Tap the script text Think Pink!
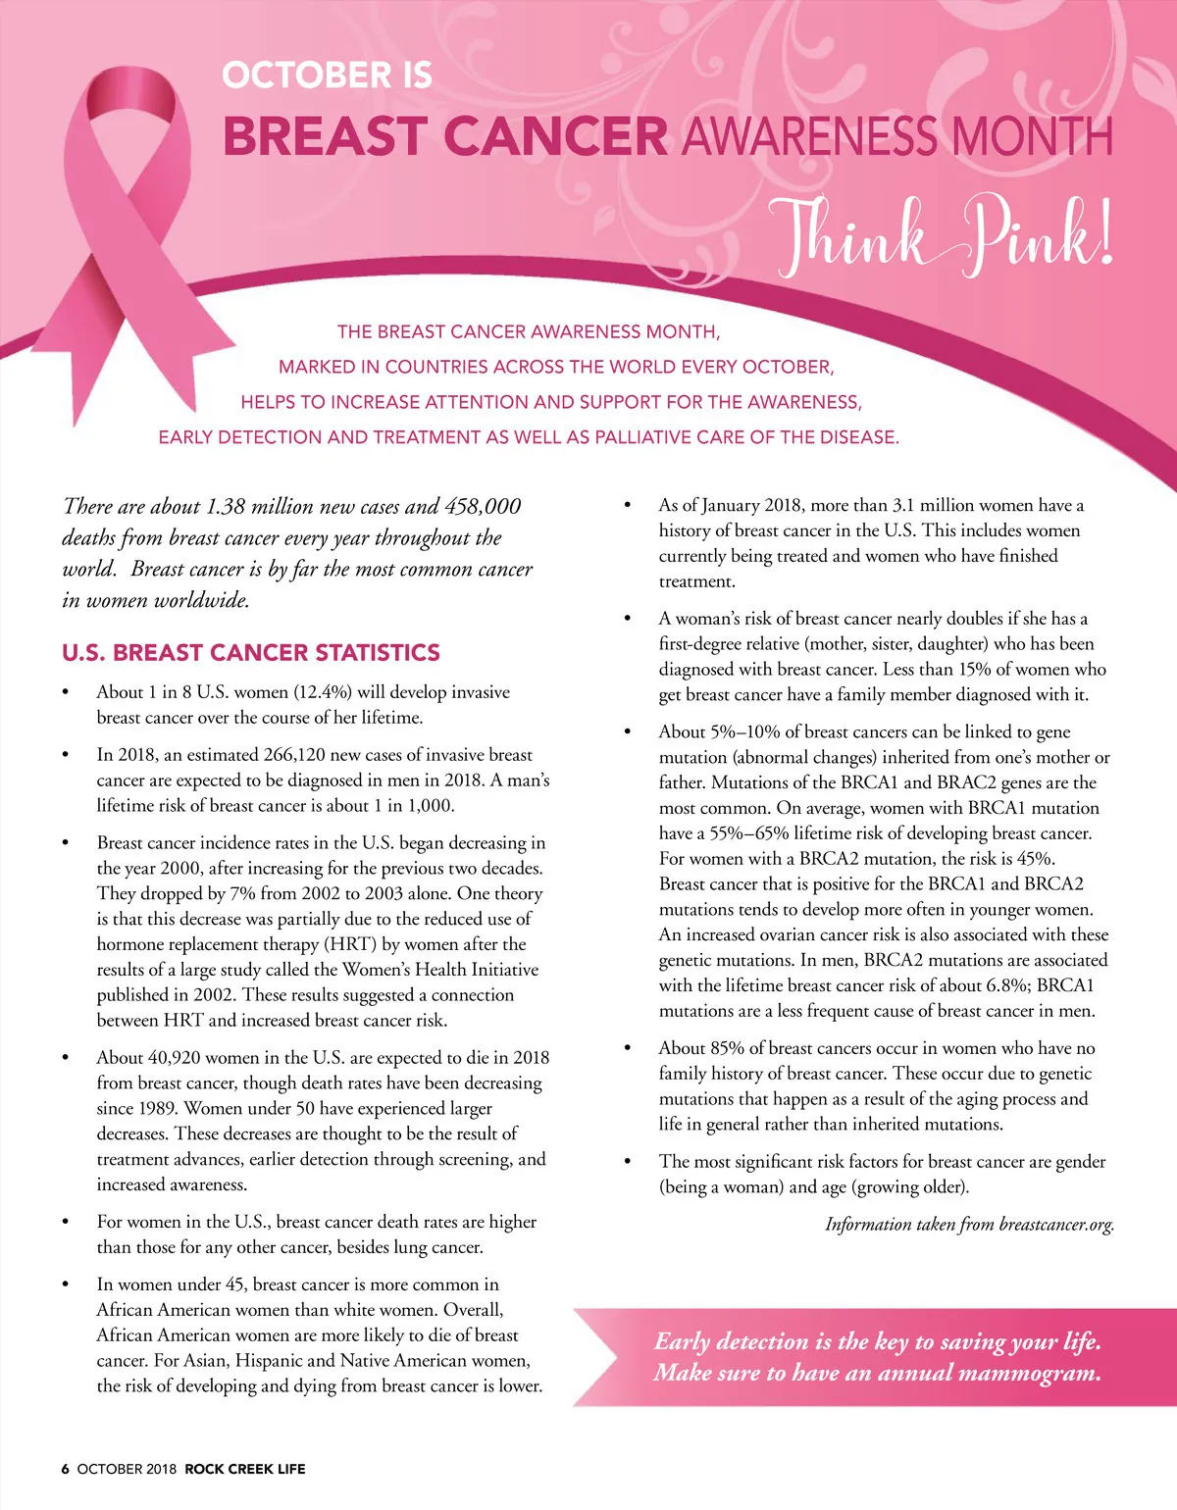(x=944, y=235)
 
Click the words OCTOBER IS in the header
(x=327, y=75)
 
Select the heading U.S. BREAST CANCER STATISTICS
(x=251, y=653)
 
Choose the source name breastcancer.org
(x=1055, y=1225)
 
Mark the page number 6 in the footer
(x=66, y=1469)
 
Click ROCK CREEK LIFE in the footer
(x=245, y=1469)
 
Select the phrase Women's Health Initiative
(x=440, y=970)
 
